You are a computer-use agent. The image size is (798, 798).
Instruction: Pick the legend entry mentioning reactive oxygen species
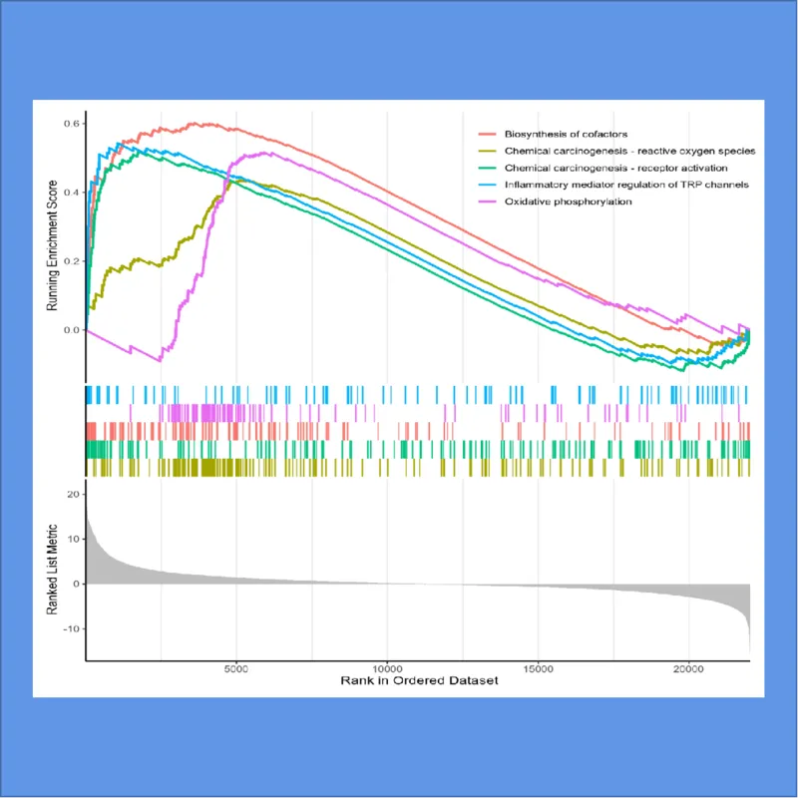coord(629,150)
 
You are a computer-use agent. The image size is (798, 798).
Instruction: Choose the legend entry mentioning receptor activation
coord(616,167)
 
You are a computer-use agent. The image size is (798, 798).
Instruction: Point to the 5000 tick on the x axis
coord(236,668)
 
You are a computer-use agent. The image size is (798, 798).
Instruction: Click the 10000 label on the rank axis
coord(387,668)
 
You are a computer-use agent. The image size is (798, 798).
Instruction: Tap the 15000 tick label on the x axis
coord(539,668)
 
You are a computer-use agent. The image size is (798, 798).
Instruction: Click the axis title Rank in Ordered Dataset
coord(417,682)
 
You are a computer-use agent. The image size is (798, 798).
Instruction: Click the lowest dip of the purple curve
coord(159,359)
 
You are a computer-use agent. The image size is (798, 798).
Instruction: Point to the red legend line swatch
coord(489,133)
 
